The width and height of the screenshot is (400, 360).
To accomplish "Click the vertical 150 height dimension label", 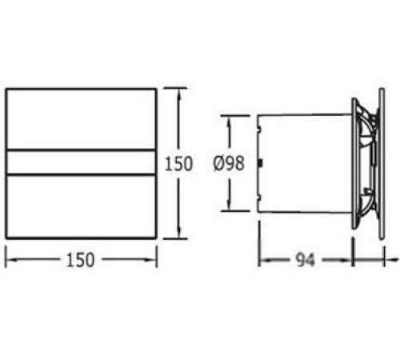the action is click(178, 163).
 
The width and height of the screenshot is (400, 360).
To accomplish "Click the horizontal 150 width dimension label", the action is click(80, 260).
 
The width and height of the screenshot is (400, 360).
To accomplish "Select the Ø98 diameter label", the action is click(229, 163).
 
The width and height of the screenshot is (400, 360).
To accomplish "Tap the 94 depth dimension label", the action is click(306, 260).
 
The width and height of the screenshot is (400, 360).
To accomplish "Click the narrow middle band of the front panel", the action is click(81, 162).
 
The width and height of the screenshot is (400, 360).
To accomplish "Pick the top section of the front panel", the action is click(81, 119).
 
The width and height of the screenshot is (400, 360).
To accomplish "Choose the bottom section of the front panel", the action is click(81, 206).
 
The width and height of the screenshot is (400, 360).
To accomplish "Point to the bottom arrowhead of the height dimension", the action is click(179, 233).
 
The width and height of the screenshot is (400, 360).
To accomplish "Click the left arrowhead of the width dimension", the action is click(11, 259).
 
